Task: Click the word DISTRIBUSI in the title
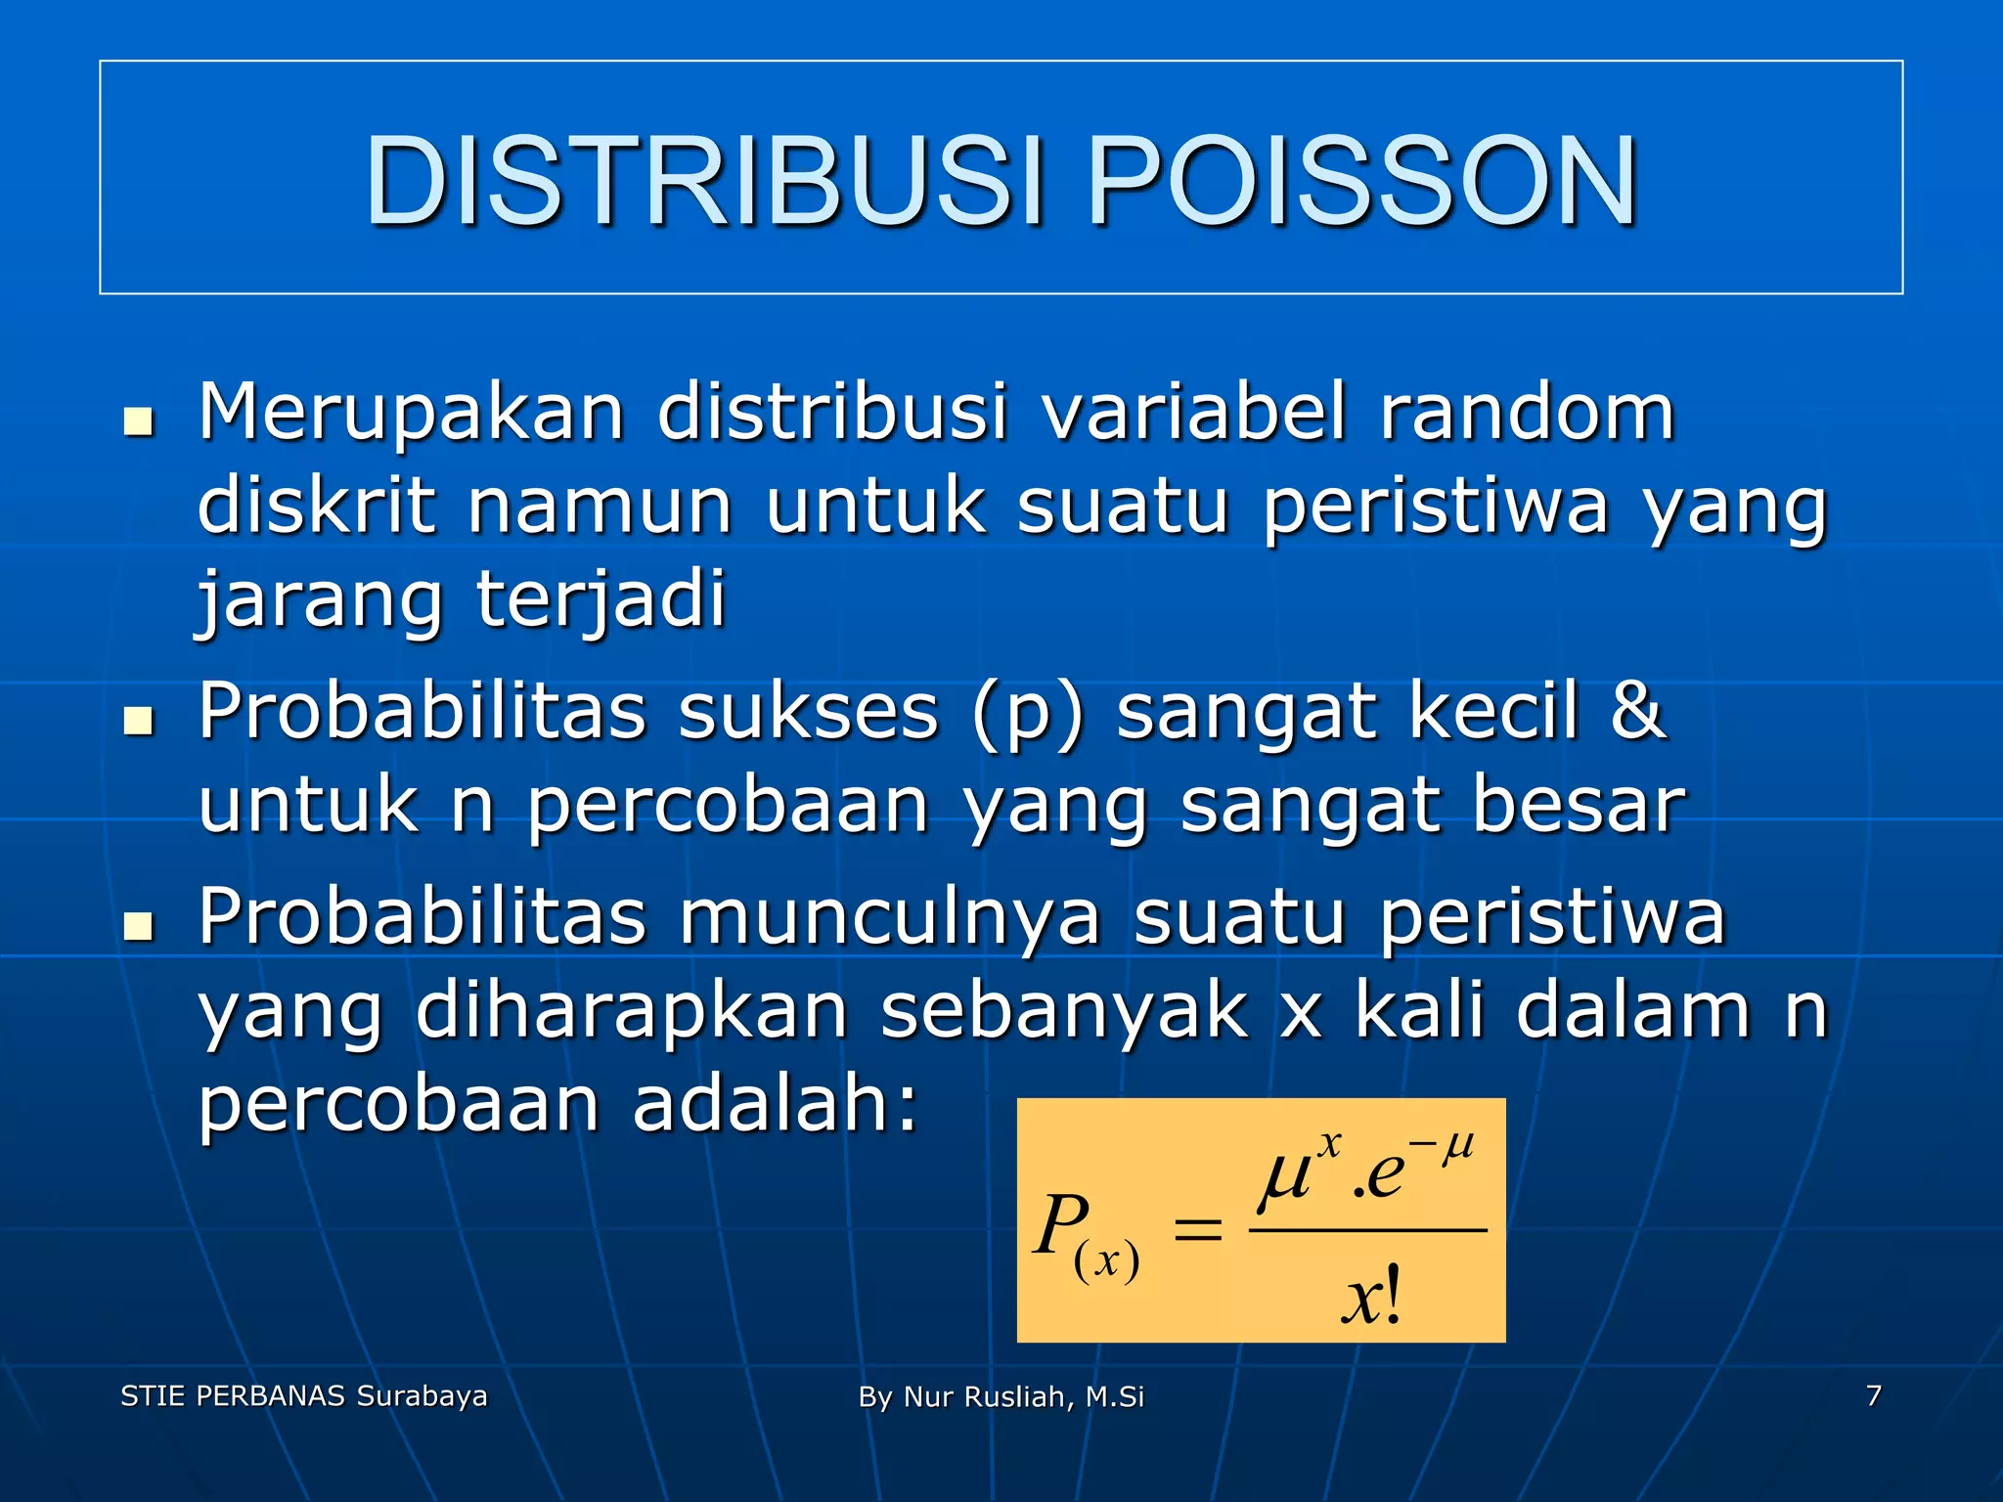(x=704, y=181)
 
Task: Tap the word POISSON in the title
(x=1361, y=181)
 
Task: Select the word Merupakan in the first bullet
(x=411, y=414)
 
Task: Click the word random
(x=1528, y=414)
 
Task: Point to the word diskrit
(x=316, y=507)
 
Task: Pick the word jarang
(x=320, y=600)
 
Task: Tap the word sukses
(x=808, y=711)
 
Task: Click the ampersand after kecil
(x=1638, y=711)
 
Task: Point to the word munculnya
(x=889, y=917)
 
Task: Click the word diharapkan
(x=631, y=1011)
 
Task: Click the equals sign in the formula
(x=1197, y=1228)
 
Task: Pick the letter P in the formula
(x=1060, y=1224)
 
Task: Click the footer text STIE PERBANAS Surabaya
(x=303, y=1395)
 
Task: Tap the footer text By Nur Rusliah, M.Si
(x=1001, y=1396)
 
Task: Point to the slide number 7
(x=1873, y=1395)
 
